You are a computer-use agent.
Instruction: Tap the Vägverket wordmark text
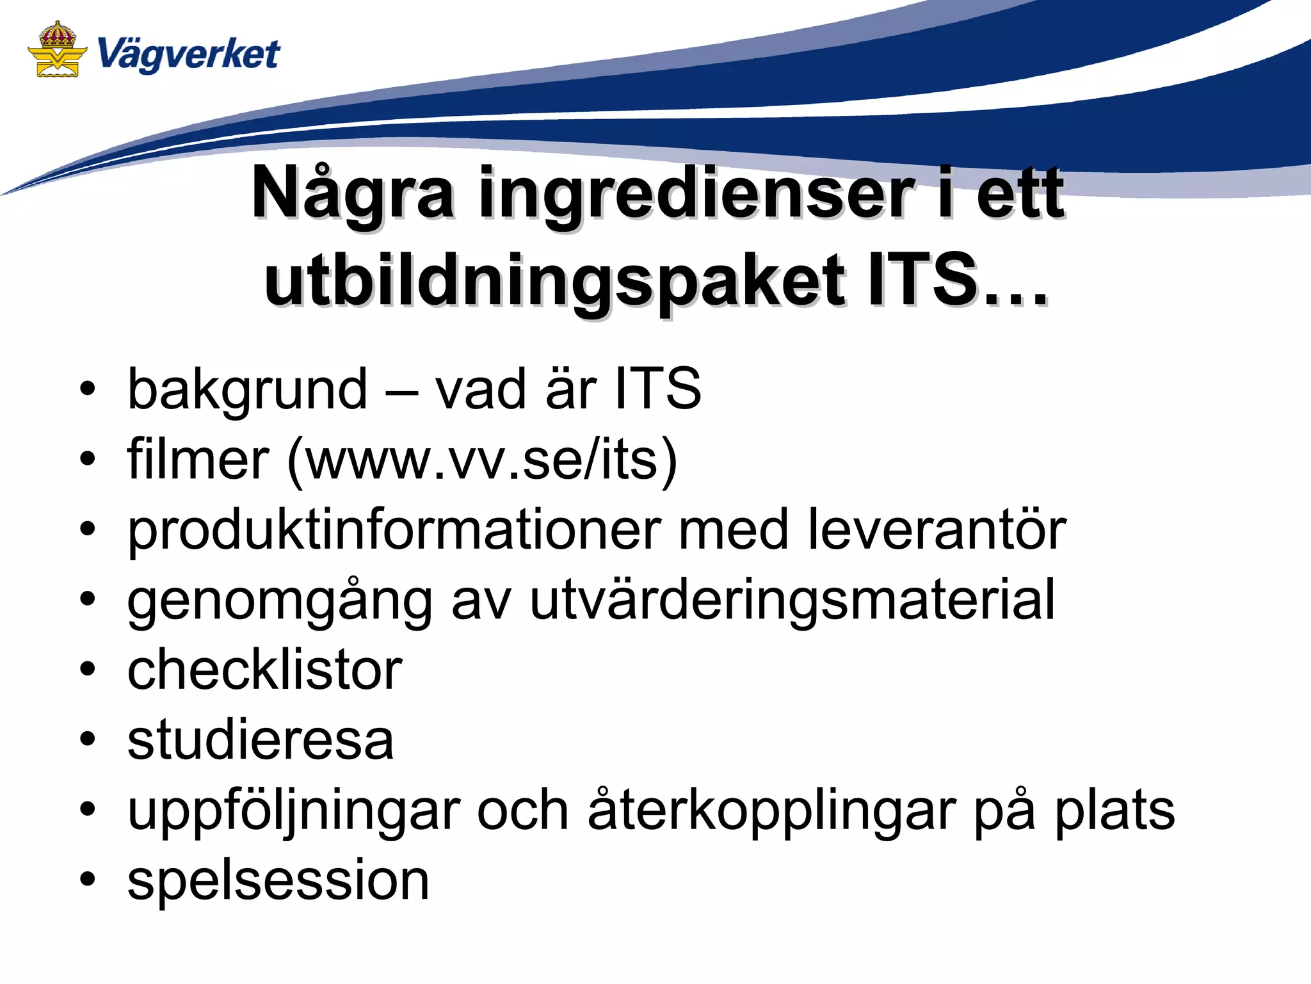[189, 54]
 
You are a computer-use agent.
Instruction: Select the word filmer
[198, 460]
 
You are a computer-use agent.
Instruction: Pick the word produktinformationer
[394, 530]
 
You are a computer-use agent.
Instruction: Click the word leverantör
[937, 530]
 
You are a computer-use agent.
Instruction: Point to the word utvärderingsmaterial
[792, 600]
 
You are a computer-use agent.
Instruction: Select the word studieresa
[261, 740]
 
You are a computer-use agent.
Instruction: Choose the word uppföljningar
[294, 812]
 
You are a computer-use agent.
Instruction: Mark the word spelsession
[278, 881]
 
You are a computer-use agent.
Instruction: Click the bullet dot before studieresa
[88, 740]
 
